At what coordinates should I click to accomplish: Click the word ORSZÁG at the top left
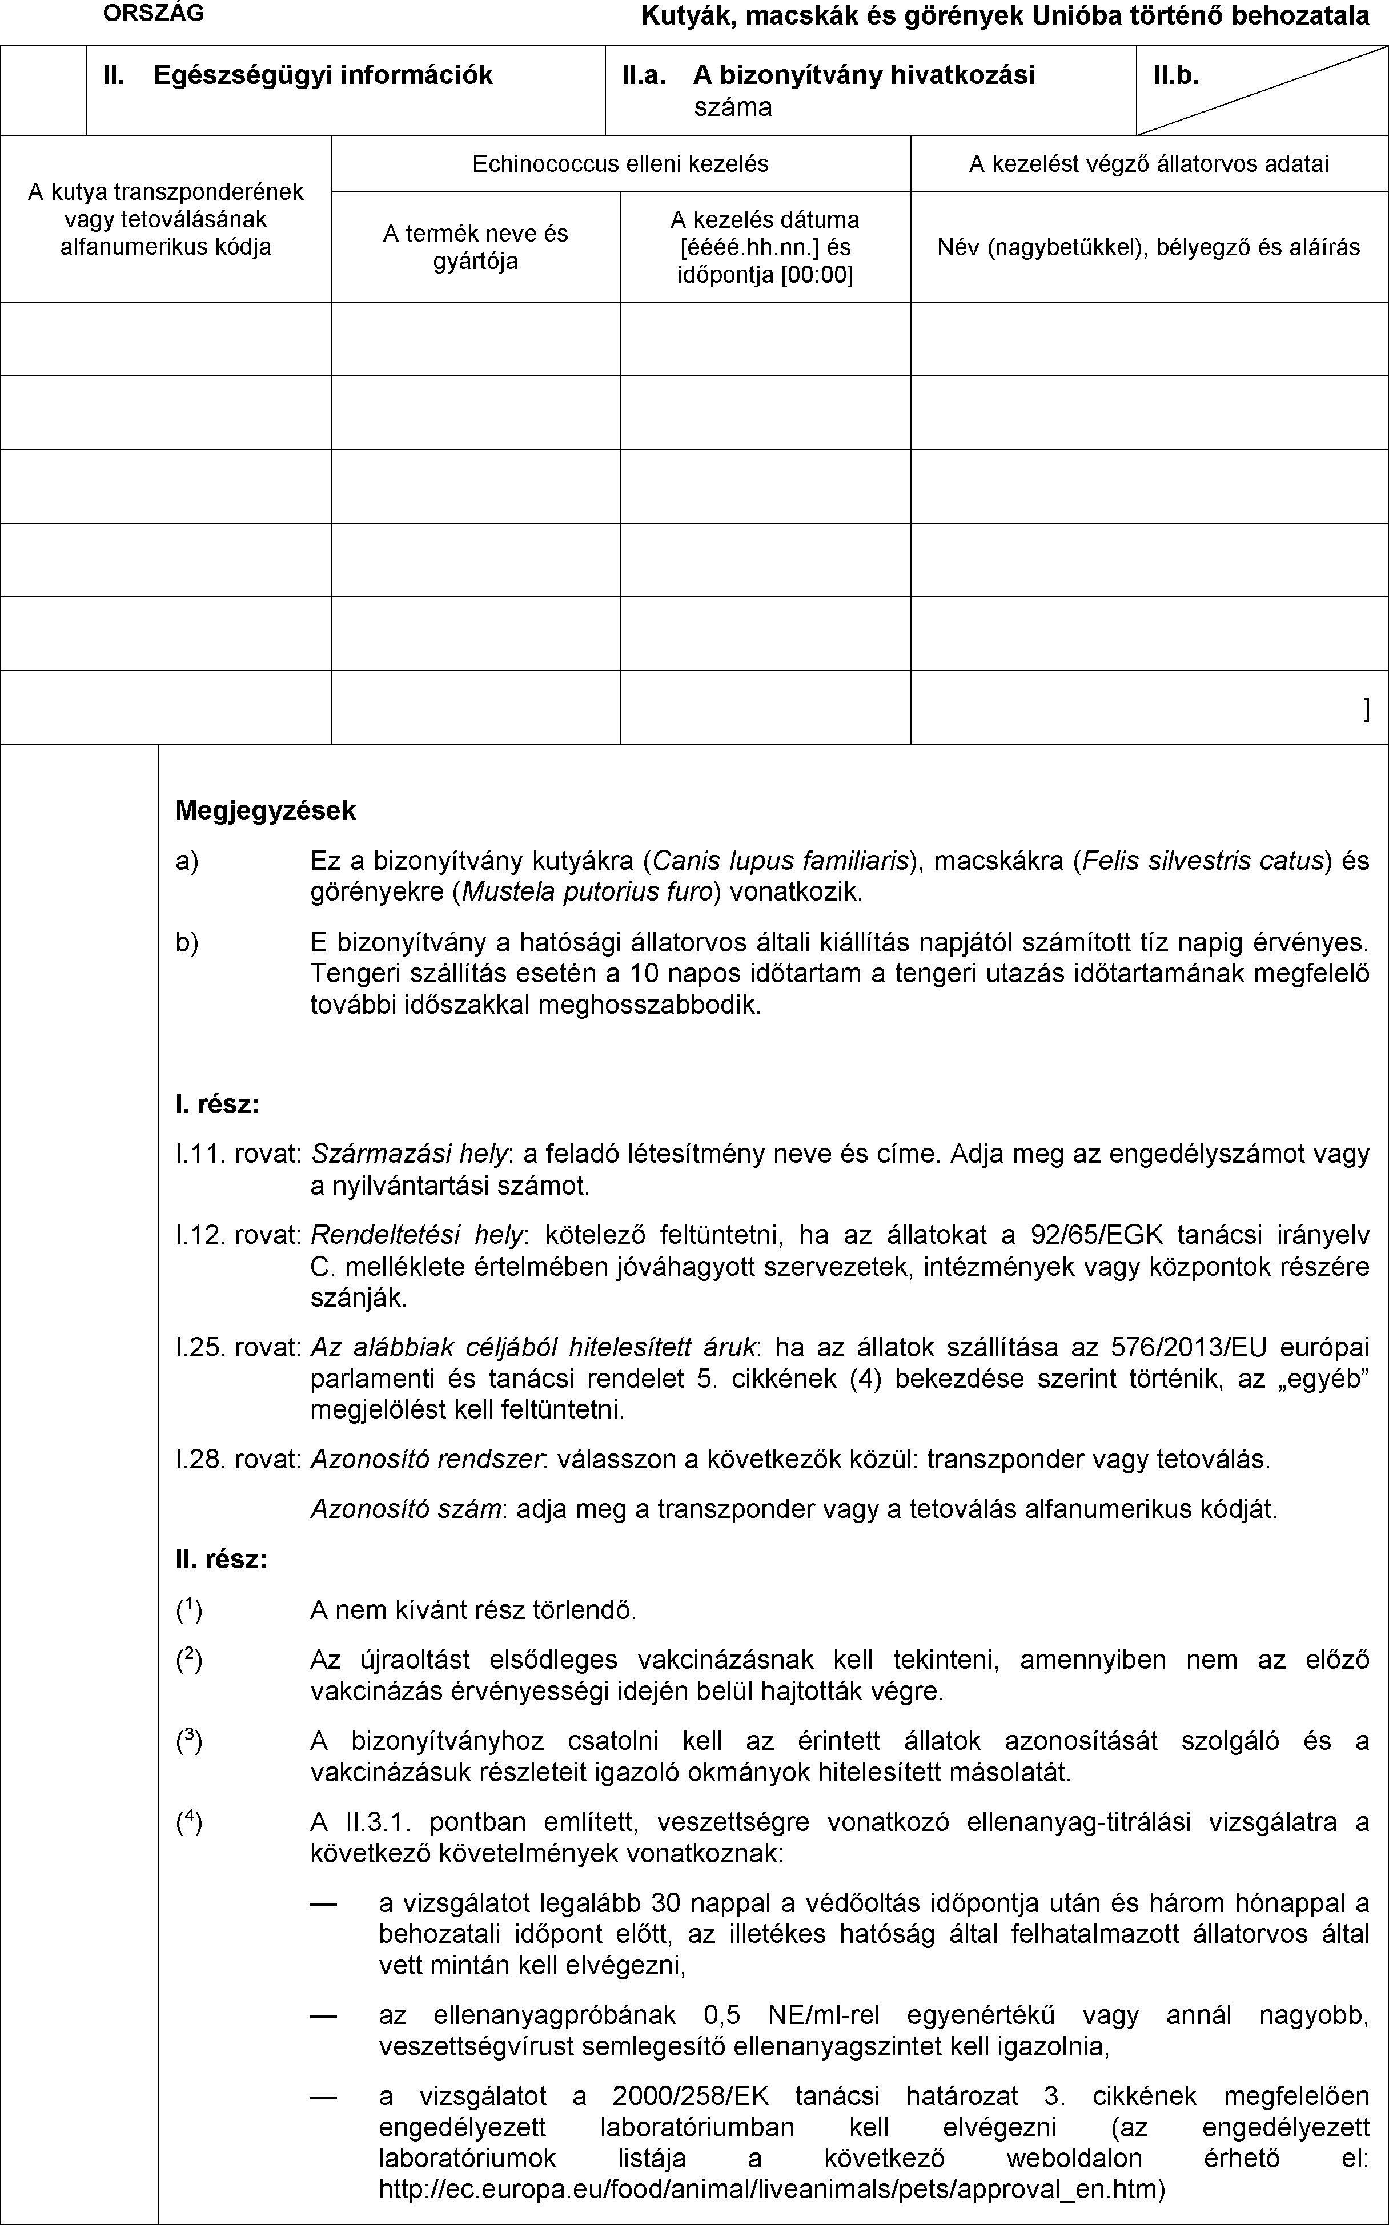pyautogui.click(x=154, y=13)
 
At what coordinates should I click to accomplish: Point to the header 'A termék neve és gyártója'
pyautogui.click(x=475, y=247)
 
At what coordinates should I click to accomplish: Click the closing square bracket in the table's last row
pyautogui.click(x=1367, y=708)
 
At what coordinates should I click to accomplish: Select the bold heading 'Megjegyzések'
pyautogui.click(x=266, y=810)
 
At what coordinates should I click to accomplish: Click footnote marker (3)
pyautogui.click(x=189, y=1741)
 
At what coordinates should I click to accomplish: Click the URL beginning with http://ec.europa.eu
pyautogui.click(x=772, y=2189)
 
